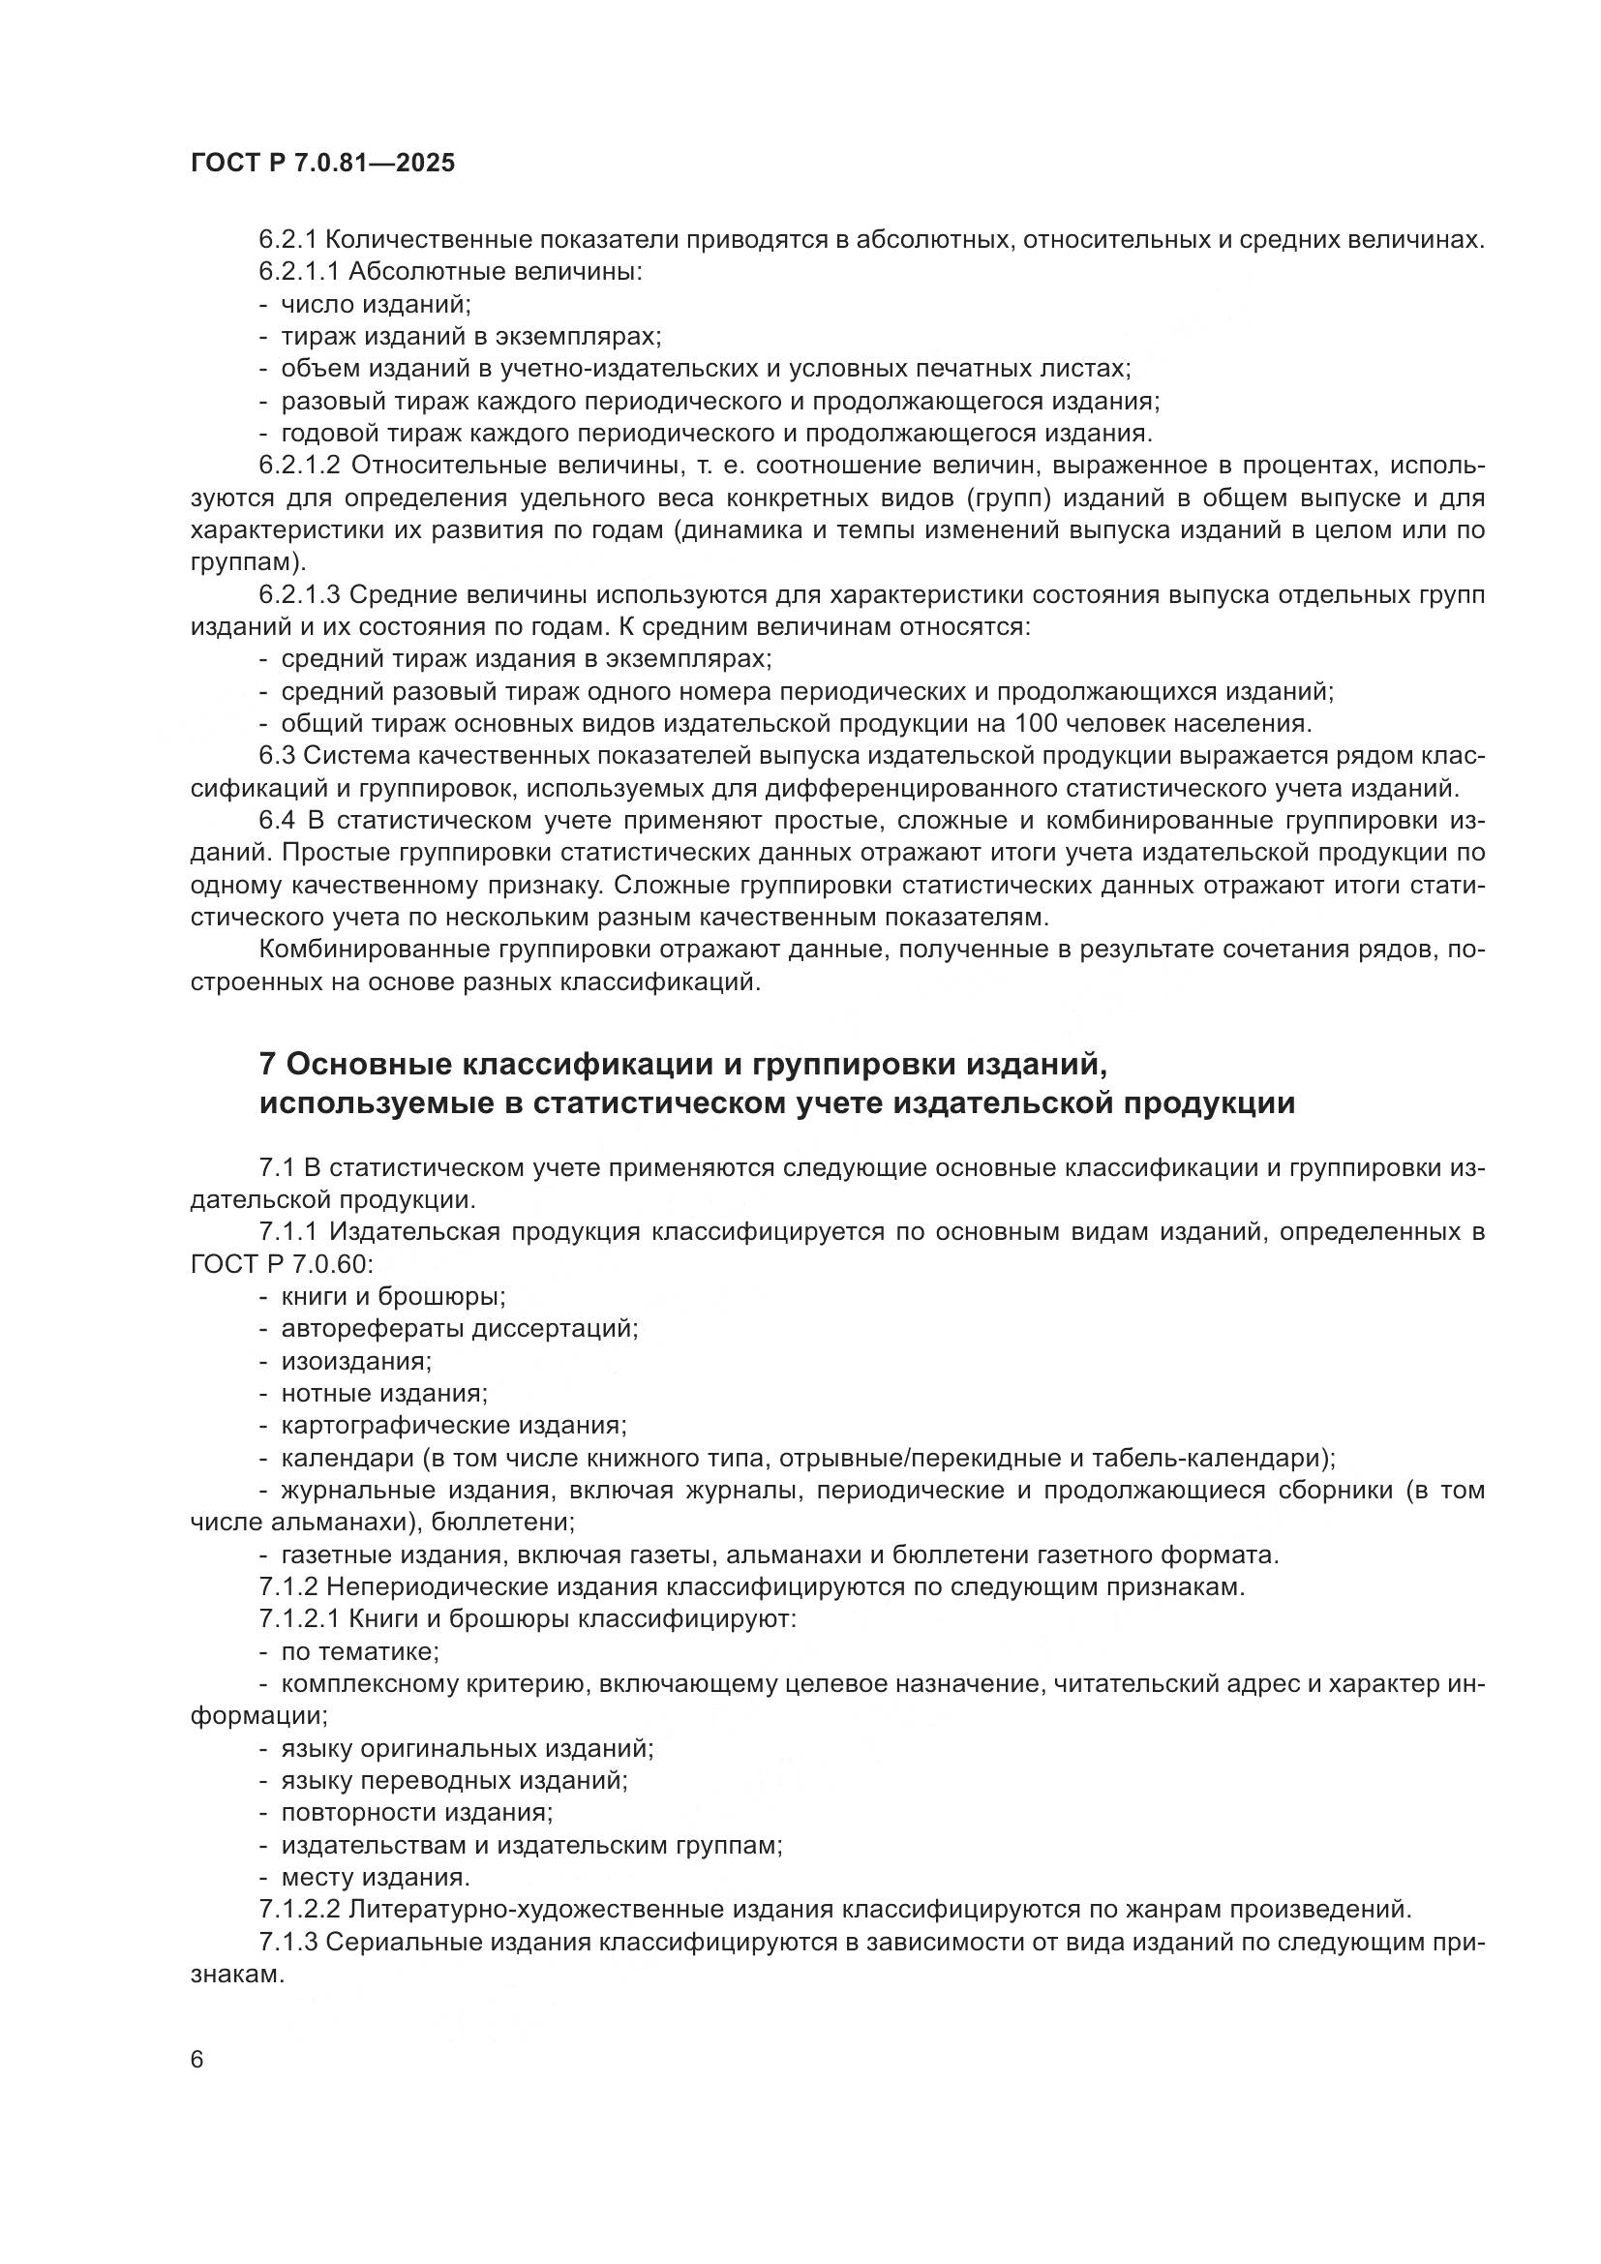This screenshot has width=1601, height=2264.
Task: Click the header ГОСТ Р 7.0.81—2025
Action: tap(322, 164)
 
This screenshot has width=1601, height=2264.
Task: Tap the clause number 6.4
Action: tap(278, 821)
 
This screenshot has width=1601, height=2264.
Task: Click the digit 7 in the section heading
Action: tap(267, 1064)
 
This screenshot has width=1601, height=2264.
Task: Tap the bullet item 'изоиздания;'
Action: tap(356, 1361)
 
